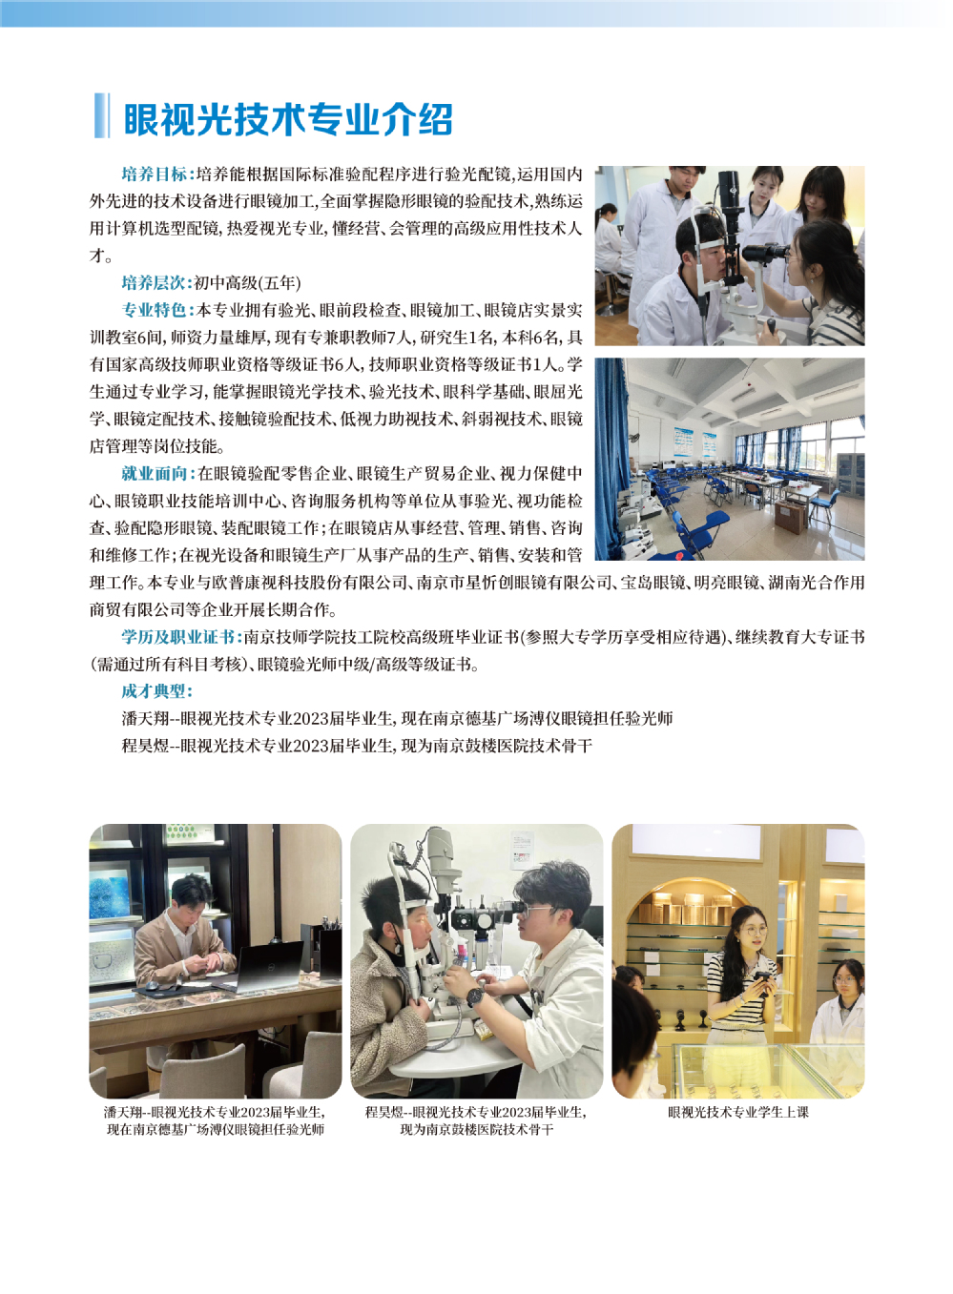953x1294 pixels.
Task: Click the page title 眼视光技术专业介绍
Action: click(288, 119)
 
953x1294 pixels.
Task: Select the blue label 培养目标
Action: click(155, 174)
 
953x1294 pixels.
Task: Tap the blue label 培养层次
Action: click(154, 282)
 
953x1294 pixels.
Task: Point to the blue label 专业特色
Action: click(154, 310)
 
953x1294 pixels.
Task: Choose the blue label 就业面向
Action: click(154, 474)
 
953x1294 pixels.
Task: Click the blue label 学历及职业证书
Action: click(178, 637)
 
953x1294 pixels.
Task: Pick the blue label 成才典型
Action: click(154, 691)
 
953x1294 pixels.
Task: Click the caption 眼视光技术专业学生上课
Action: click(738, 1112)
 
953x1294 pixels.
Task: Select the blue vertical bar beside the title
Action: click(102, 115)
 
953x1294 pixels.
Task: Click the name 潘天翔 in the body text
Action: click(145, 719)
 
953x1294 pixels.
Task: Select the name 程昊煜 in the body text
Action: click(145, 746)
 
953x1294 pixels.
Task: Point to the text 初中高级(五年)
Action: click(247, 282)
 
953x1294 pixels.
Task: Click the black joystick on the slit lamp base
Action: click(771, 327)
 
